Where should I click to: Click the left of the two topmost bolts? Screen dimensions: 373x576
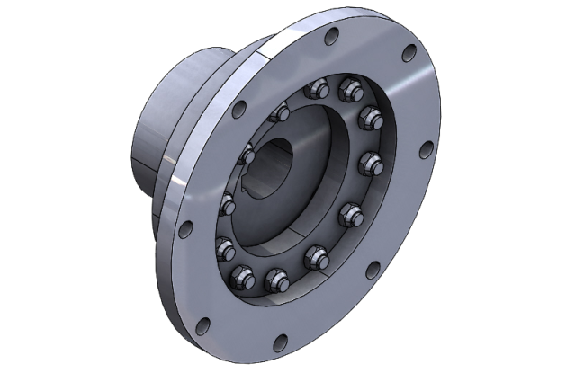[315, 90]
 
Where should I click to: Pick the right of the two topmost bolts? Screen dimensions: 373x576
[345, 90]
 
